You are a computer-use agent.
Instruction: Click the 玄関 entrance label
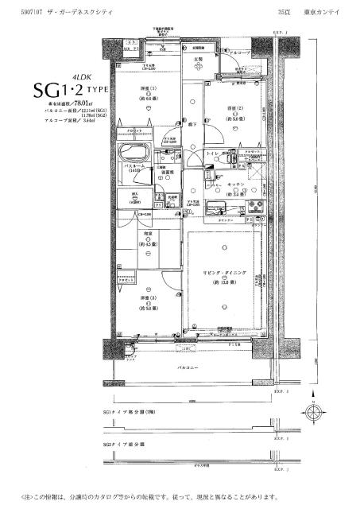coord(197,60)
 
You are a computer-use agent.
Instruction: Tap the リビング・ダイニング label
coord(228,273)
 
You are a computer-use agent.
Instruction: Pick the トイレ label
coord(212,152)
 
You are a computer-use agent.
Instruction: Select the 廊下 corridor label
coord(193,125)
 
